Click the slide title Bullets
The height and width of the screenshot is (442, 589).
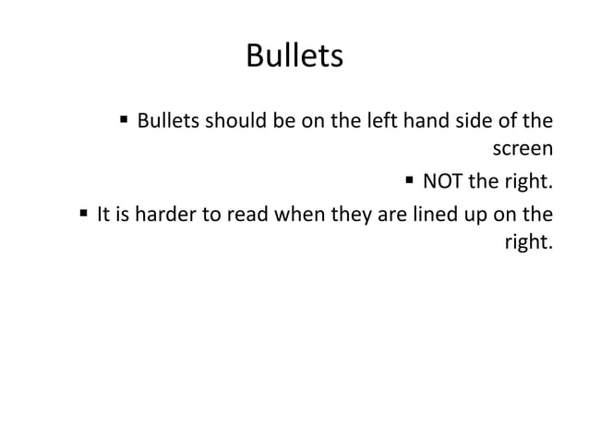[x=294, y=57]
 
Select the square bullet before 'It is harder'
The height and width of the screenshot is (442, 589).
[x=84, y=215]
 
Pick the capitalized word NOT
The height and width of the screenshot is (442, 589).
[x=441, y=178]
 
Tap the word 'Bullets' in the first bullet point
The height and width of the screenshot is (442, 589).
[x=170, y=121]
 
